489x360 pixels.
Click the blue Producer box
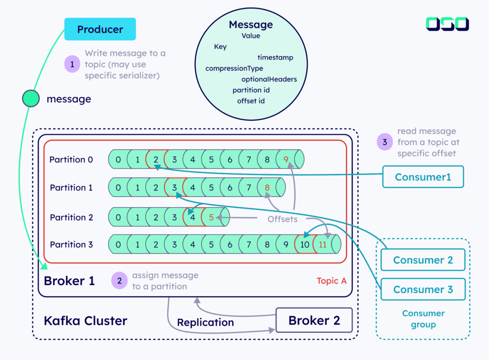click(100, 29)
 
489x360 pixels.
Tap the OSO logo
click(447, 24)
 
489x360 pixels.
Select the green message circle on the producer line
click(31, 99)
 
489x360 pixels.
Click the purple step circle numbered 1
click(72, 64)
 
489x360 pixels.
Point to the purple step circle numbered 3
click(384, 142)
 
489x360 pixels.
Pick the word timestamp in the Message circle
click(275, 57)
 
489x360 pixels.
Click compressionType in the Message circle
click(234, 68)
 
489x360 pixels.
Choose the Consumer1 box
click(423, 177)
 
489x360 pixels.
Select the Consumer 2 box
click(423, 260)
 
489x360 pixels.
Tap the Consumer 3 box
click(423, 289)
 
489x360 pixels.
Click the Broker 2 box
click(314, 320)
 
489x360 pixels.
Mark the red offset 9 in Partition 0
click(286, 159)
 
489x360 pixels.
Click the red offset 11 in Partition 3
click(323, 244)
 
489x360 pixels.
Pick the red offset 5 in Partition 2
click(211, 217)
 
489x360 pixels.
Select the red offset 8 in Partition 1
click(267, 188)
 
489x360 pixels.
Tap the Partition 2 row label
click(71, 217)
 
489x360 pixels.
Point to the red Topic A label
click(331, 281)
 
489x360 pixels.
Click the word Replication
click(205, 323)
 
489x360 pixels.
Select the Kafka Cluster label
click(85, 320)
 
